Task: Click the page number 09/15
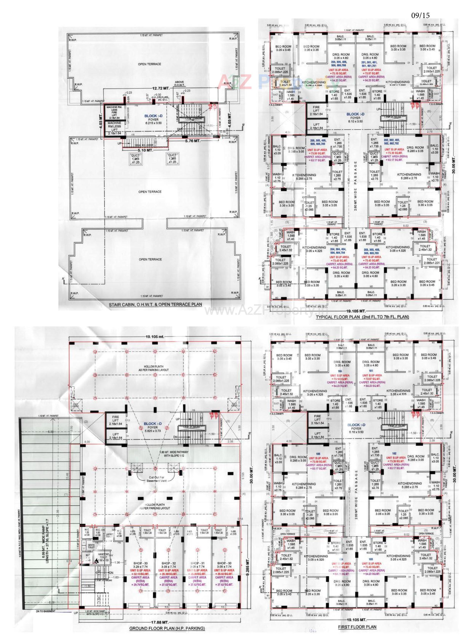pos(421,15)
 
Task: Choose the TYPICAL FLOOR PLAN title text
pos(362,317)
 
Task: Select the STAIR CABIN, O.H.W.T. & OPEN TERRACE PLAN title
pos(155,304)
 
